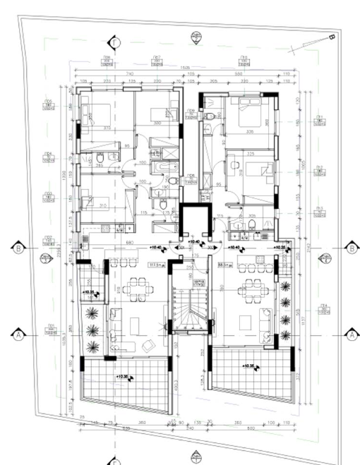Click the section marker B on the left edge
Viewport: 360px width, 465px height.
(x=18, y=248)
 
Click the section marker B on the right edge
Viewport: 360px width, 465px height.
(x=351, y=248)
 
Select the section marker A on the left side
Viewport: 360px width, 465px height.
(x=18, y=334)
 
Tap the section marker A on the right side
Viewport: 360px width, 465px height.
(x=351, y=334)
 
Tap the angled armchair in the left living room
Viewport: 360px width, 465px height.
(x=148, y=344)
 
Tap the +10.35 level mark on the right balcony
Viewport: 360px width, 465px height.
(x=248, y=367)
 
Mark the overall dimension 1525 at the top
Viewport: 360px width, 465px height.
(x=185, y=68)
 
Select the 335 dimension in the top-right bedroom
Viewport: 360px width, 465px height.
(x=250, y=131)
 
